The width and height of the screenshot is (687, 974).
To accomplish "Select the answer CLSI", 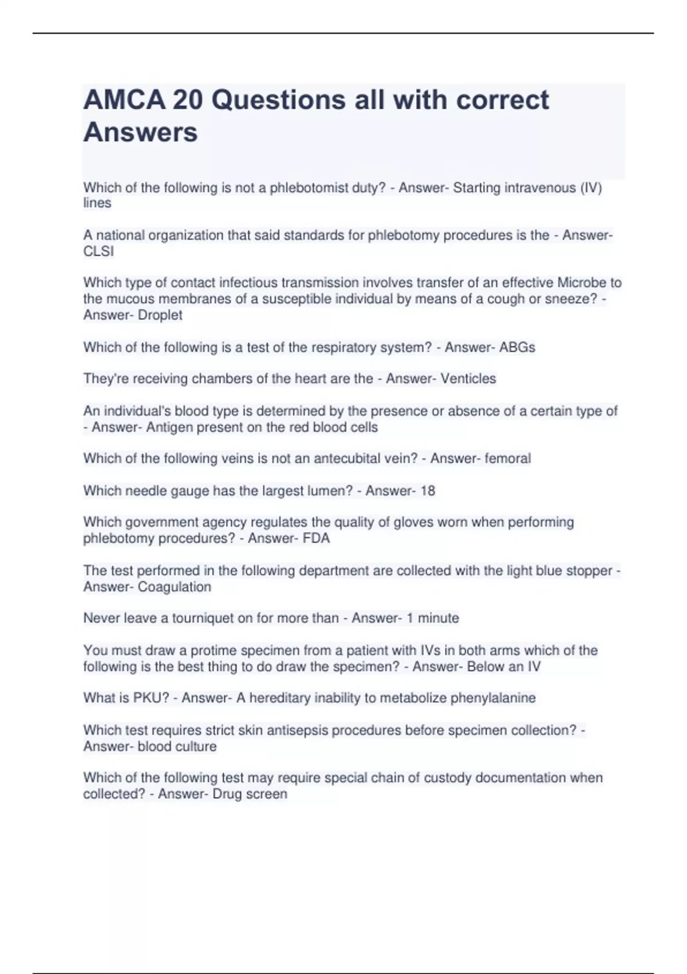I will click(98, 252).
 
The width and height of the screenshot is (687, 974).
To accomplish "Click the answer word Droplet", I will click(160, 315).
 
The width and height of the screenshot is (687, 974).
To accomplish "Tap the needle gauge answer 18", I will click(427, 491).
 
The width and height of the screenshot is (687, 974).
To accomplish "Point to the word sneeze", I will click(575, 299).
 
